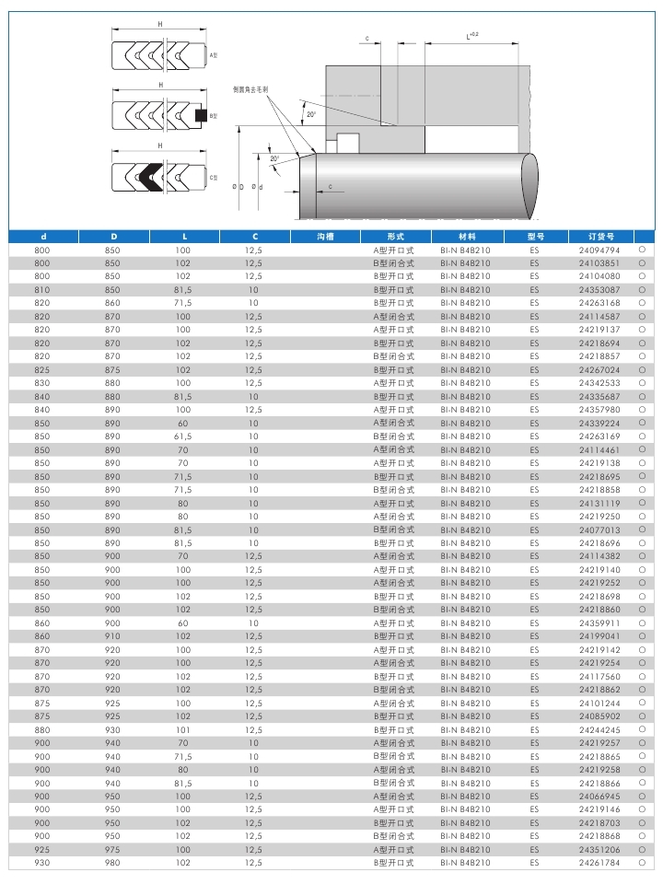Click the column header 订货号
(x=599, y=236)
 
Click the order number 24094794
(x=599, y=250)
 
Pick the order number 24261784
(x=599, y=863)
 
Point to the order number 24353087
(x=599, y=289)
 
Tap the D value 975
(x=112, y=850)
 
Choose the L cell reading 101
(x=182, y=729)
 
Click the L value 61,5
(x=182, y=436)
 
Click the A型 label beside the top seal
(x=213, y=56)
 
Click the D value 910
(x=112, y=636)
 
